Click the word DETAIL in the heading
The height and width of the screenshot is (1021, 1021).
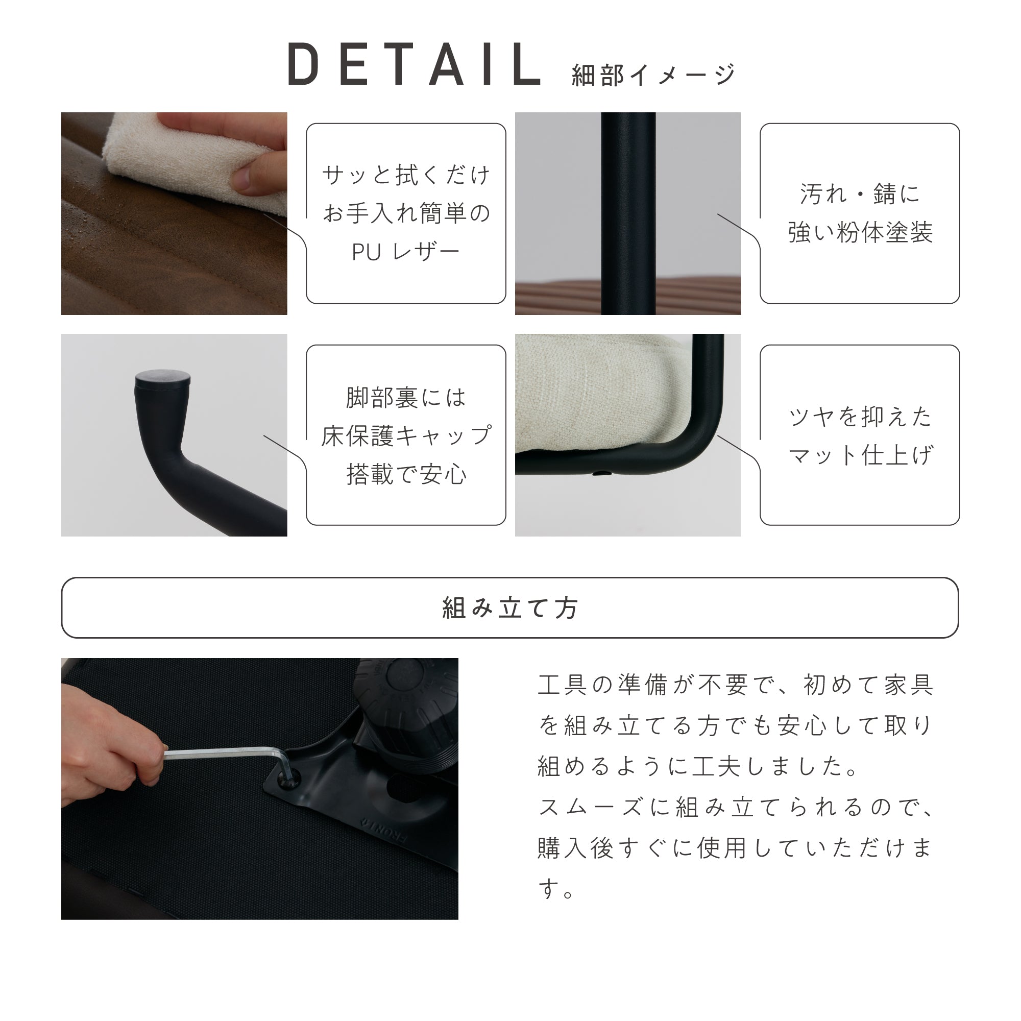pyautogui.click(x=415, y=65)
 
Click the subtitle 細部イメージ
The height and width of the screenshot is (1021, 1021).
pyautogui.click(x=653, y=75)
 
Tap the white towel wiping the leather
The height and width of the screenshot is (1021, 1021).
pyautogui.click(x=175, y=159)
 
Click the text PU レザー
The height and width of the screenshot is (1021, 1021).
pyautogui.click(x=405, y=253)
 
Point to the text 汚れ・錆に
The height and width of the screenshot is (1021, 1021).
pyautogui.click(x=860, y=194)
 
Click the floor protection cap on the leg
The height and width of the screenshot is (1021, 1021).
pyautogui.click(x=163, y=378)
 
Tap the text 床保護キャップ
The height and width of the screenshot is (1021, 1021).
pyautogui.click(x=406, y=436)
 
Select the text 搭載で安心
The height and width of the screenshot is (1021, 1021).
pyautogui.click(x=406, y=475)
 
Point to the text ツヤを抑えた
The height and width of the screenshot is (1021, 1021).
pyautogui.click(x=860, y=417)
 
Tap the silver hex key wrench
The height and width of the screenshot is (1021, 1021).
pyautogui.click(x=222, y=753)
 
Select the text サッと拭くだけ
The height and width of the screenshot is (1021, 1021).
pyautogui.click(x=406, y=175)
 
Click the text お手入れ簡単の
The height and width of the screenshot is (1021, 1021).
pyautogui.click(x=406, y=213)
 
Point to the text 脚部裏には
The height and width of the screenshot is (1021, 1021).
pyautogui.click(x=406, y=397)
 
